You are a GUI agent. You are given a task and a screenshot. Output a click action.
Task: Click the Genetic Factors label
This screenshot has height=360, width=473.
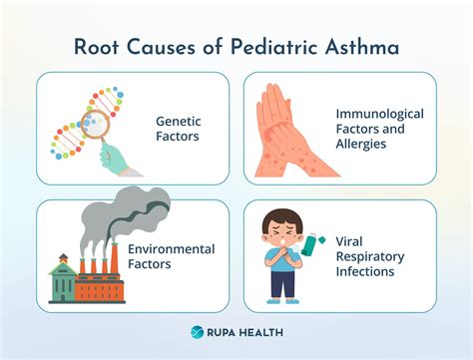180,128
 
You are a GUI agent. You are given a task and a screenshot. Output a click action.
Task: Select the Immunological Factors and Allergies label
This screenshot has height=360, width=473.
379,129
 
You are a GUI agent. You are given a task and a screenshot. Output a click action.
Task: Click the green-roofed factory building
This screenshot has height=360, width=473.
62,280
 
